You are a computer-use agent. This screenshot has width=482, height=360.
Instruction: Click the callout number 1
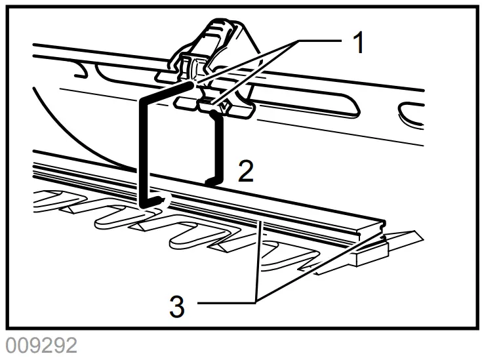coord(357,43)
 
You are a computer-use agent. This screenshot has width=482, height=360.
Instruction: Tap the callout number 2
coord(245,172)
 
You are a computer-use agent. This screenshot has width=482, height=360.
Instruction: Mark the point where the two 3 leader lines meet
coord(256,302)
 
